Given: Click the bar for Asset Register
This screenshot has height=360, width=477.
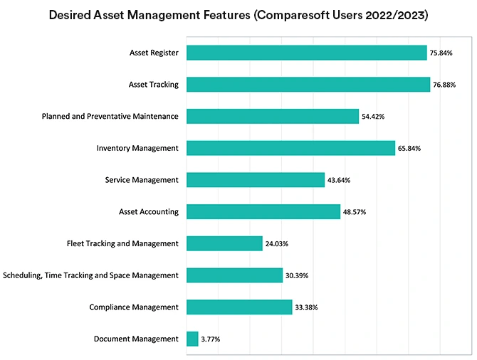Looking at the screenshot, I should (x=306, y=53).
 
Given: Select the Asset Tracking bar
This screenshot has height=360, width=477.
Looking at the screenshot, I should (x=308, y=85).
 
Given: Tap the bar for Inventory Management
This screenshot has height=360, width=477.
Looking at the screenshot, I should (x=290, y=148).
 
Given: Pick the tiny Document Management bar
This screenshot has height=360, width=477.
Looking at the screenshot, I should (x=192, y=339).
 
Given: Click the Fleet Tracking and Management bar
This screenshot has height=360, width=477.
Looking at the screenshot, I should (x=224, y=243).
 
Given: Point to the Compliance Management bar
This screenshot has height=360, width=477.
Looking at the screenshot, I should (x=239, y=307).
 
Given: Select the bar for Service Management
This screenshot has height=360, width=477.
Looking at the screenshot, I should (x=256, y=180).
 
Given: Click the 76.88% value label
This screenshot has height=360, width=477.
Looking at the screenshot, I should (x=444, y=85).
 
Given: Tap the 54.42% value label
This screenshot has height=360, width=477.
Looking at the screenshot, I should (x=373, y=117).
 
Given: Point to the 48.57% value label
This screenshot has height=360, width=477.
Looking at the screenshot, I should (x=355, y=212).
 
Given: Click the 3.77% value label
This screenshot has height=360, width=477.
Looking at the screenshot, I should (x=211, y=339).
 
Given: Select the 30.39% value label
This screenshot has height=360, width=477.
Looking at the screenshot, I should (x=297, y=275).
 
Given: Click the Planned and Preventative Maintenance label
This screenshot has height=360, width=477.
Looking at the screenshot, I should (x=110, y=117).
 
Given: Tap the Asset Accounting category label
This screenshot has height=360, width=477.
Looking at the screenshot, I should (x=148, y=212).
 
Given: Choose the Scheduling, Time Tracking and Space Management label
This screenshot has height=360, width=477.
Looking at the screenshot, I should (x=90, y=275).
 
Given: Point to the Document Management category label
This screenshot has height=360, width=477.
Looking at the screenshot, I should (x=136, y=339).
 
